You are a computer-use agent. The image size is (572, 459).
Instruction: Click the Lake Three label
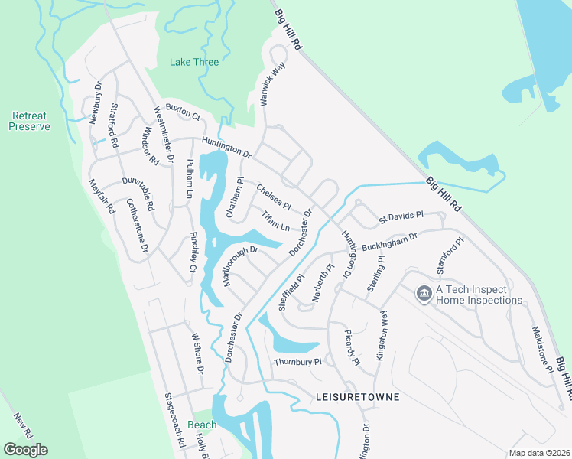click(x=194, y=62)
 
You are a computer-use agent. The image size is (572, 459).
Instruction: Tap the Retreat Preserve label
click(x=29, y=121)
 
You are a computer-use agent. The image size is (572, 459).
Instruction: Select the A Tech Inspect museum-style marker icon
click(x=423, y=293)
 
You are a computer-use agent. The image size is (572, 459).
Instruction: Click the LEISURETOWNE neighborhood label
click(x=357, y=398)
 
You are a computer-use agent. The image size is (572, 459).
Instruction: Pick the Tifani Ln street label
click(x=275, y=223)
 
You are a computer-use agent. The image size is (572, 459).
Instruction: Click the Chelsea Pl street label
click(x=273, y=197)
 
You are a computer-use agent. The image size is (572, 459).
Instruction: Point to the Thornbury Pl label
click(x=298, y=361)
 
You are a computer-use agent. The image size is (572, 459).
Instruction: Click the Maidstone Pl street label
click(x=541, y=349)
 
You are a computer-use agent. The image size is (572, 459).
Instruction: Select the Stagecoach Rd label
click(x=176, y=420)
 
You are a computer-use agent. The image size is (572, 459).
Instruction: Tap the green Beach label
click(x=202, y=425)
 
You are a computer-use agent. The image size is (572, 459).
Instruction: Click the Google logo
click(x=26, y=450)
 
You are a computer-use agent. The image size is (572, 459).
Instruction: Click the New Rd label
click(x=22, y=425)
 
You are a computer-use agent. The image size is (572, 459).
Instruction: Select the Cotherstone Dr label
click(x=136, y=227)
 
